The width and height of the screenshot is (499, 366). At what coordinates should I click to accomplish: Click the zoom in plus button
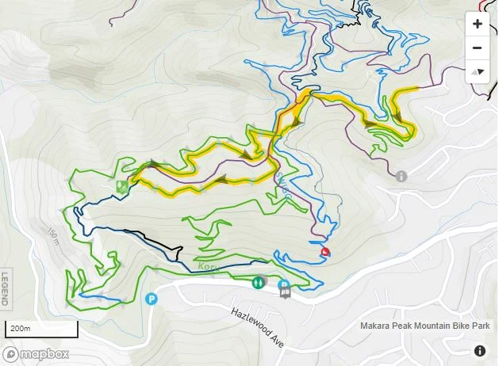[x=477, y=24]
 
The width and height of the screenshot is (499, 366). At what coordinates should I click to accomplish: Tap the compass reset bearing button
[x=477, y=71]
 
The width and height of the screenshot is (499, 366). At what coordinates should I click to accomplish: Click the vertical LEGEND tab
[x=6, y=288]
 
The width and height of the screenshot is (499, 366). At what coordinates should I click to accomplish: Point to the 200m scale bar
[x=43, y=329]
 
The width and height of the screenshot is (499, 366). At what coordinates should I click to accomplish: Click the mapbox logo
[x=36, y=354]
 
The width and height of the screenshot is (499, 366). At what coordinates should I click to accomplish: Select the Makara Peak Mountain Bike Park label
[x=424, y=326]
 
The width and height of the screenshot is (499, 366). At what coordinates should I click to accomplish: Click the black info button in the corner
[x=480, y=351]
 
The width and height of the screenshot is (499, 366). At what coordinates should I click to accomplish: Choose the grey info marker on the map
[x=401, y=176]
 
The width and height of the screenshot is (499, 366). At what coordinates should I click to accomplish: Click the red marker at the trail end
[x=325, y=252]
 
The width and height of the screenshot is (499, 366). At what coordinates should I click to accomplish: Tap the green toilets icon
[x=258, y=281]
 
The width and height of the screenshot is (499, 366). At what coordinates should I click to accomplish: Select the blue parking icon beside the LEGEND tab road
[x=152, y=299]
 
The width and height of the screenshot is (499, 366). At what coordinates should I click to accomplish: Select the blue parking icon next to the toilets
[x=284, y=284]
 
